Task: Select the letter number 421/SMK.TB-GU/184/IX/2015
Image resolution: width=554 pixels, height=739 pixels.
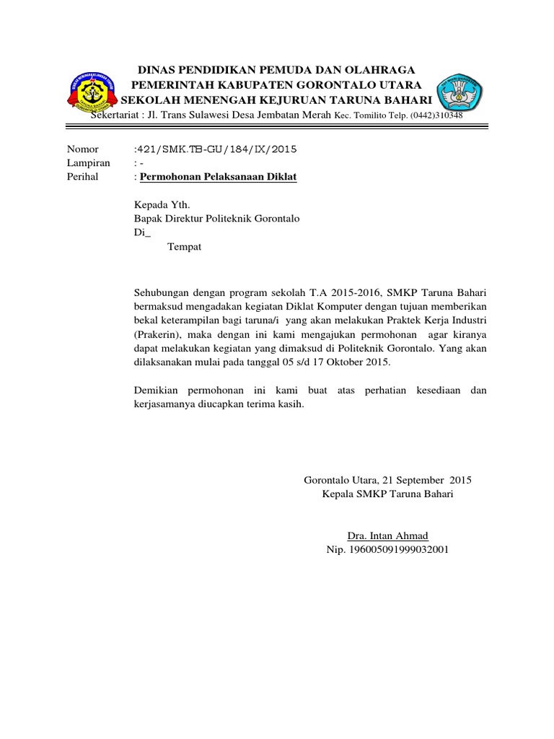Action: coord(215,149)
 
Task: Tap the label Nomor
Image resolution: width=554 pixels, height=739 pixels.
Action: coord(82,149)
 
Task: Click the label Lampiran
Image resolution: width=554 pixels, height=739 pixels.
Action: coord(89,163)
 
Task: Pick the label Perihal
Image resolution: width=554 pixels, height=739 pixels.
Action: coord(83,177)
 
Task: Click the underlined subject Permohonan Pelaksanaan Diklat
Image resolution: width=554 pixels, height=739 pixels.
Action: coord(218,177)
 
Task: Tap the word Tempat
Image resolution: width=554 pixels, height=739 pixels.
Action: coord(184,247)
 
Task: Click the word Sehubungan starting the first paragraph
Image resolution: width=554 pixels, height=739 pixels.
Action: coord(163,293)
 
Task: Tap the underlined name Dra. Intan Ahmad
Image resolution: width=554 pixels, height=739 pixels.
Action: coord(387,535)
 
